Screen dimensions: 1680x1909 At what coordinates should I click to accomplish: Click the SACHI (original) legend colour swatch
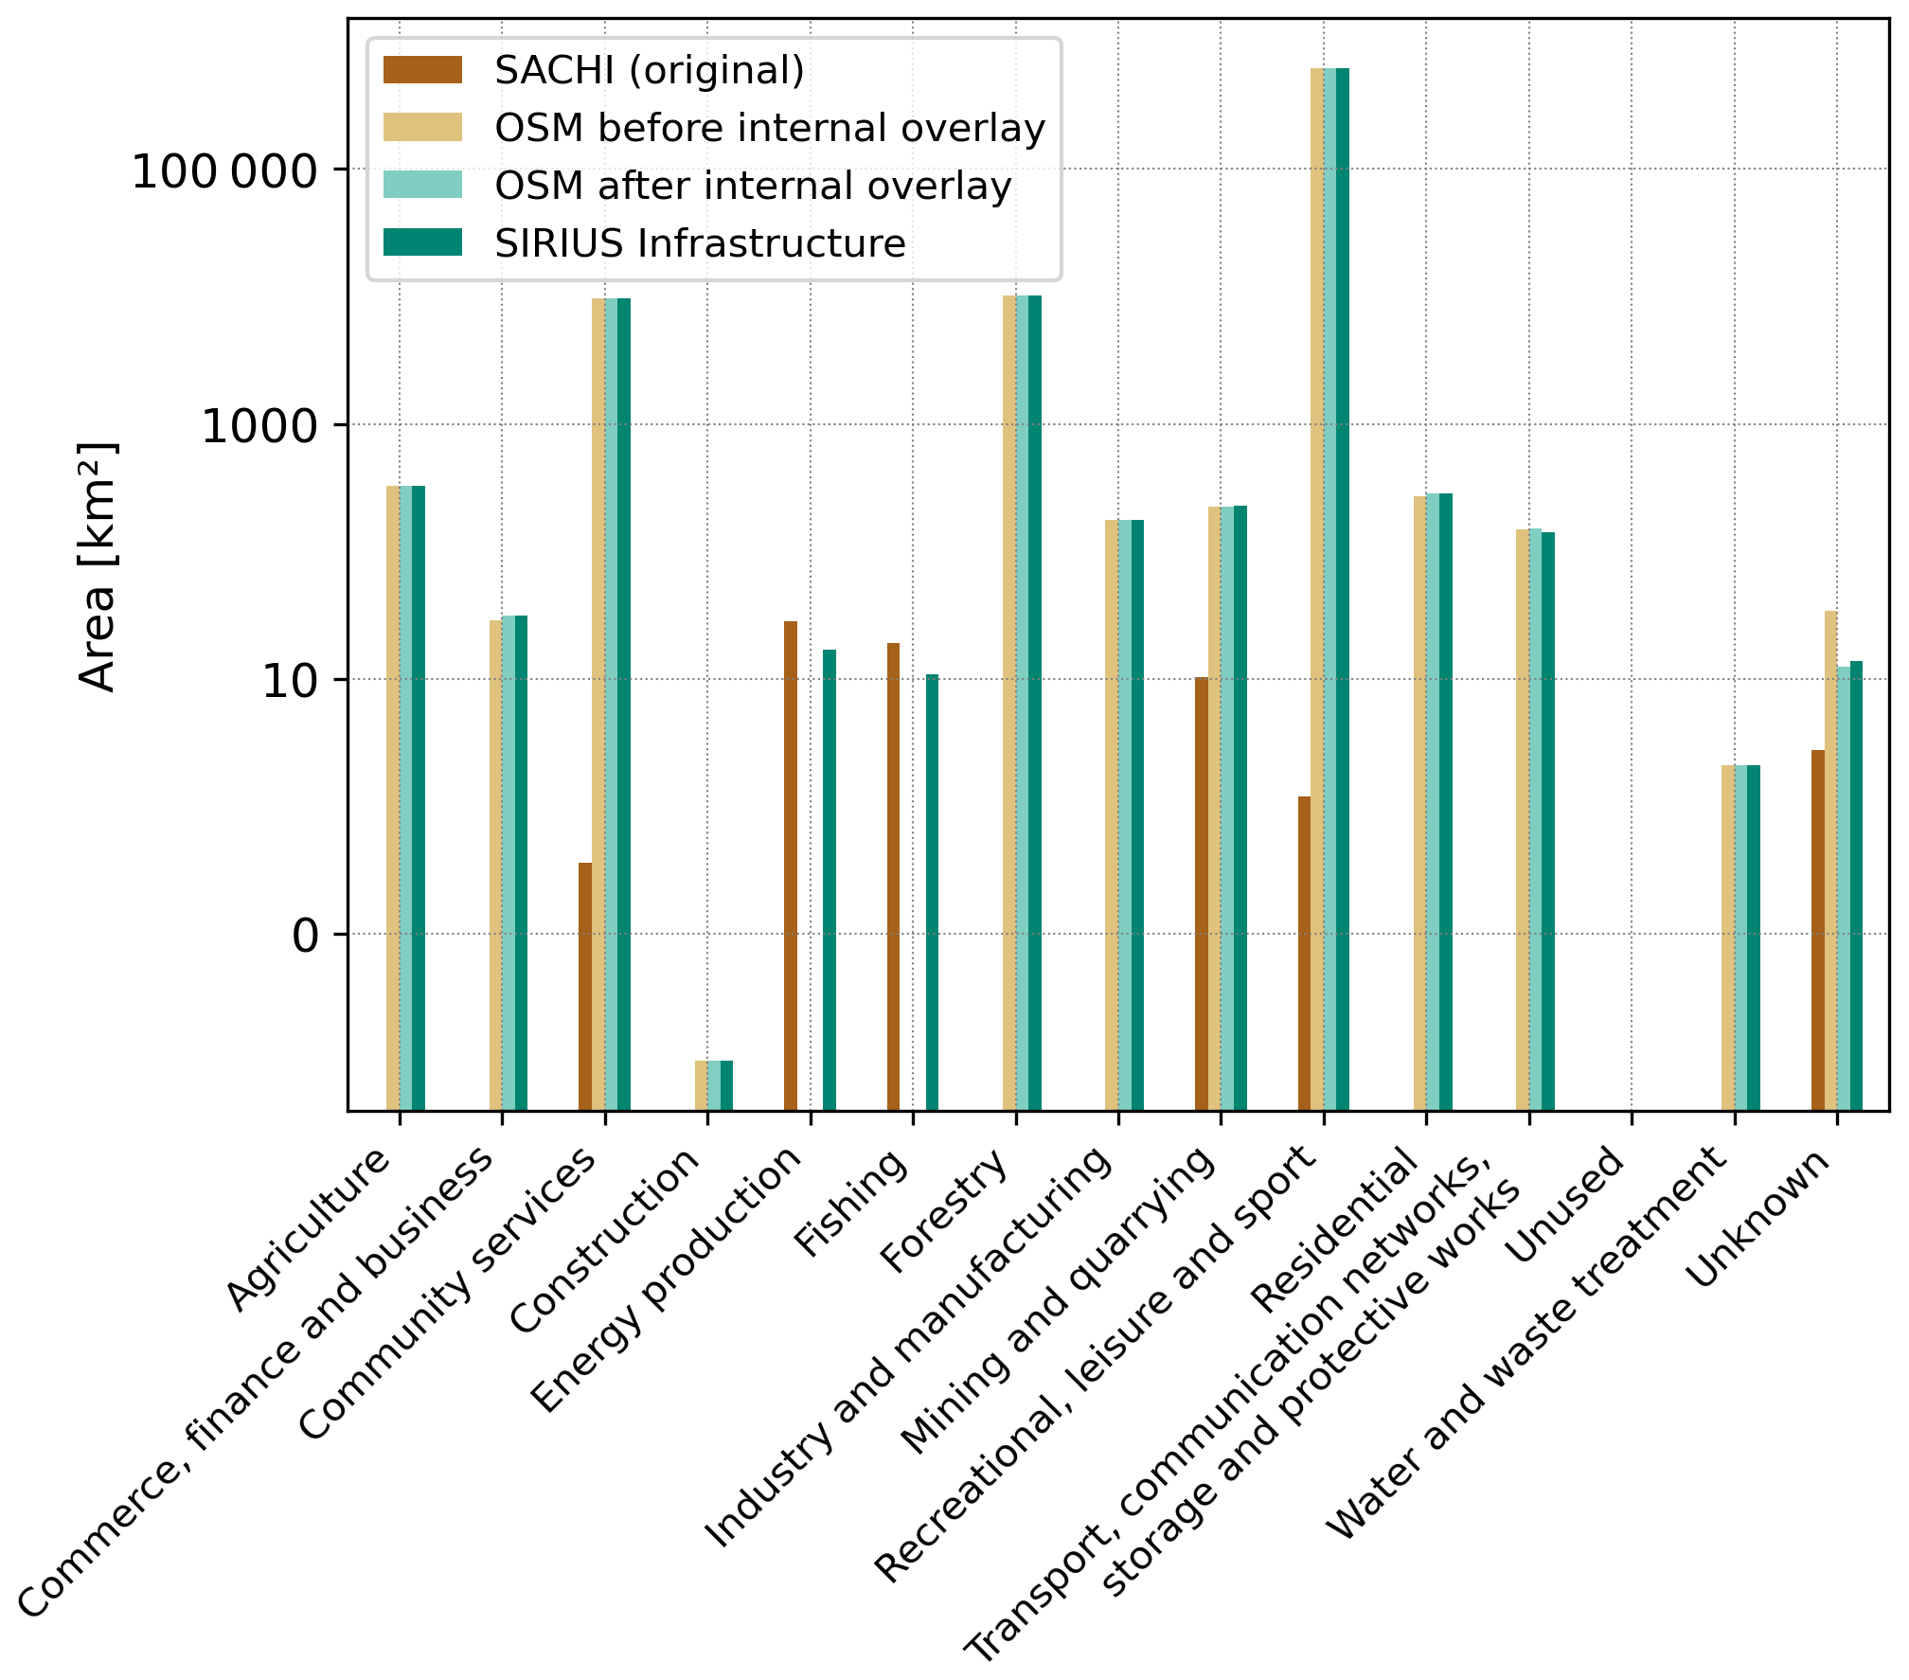[x=422, y=70]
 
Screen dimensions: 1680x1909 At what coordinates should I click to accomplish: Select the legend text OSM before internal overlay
[x=769, y=128]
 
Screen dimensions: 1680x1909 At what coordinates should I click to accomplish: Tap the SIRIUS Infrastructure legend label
[x=700, y=243]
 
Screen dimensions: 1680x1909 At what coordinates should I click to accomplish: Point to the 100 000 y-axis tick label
[x=223, y=172]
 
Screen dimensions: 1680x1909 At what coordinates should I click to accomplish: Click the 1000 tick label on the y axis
[x=259, y=427]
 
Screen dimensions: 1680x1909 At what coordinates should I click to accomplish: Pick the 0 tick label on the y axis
[x=305, y=937]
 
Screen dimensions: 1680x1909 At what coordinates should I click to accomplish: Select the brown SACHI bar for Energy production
[x=791, y=865]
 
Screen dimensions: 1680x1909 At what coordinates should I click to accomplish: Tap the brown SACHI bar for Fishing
[x=893, y=876]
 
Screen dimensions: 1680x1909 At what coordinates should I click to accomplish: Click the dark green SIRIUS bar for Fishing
[x=932, y=891]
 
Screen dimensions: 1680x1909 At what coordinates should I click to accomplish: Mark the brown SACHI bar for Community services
[x=585, y=986]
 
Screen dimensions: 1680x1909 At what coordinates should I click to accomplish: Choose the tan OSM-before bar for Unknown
[x=1831, y=860]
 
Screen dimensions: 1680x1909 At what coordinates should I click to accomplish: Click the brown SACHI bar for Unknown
[x=1818, y=929]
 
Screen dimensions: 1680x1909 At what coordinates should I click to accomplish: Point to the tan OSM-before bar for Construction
[x=701, y=1084]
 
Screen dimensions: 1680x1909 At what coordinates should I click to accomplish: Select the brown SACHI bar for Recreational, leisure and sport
[x=1304, y=953]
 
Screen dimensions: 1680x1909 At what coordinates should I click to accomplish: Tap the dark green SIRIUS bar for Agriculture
[x=419, y=797]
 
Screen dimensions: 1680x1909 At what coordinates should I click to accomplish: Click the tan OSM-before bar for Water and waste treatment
[x=1728, y=937]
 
